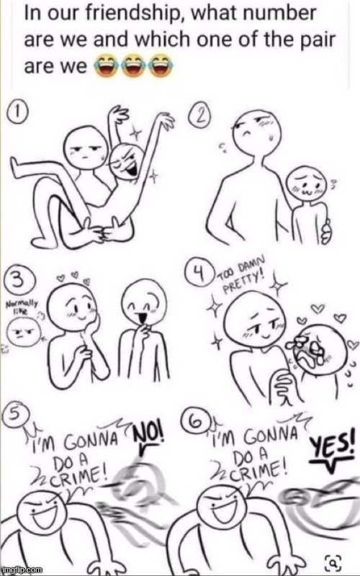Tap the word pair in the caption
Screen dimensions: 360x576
coord(317,40)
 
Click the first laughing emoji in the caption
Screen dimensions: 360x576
coord(105,66)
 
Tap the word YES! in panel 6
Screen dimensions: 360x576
coord(333,445)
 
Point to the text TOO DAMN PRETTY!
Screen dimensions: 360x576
coord(243,276)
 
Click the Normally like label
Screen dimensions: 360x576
coord(22,307)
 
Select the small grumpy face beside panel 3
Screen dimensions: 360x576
coord(24,332)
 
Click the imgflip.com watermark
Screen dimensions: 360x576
coord(22,570)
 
